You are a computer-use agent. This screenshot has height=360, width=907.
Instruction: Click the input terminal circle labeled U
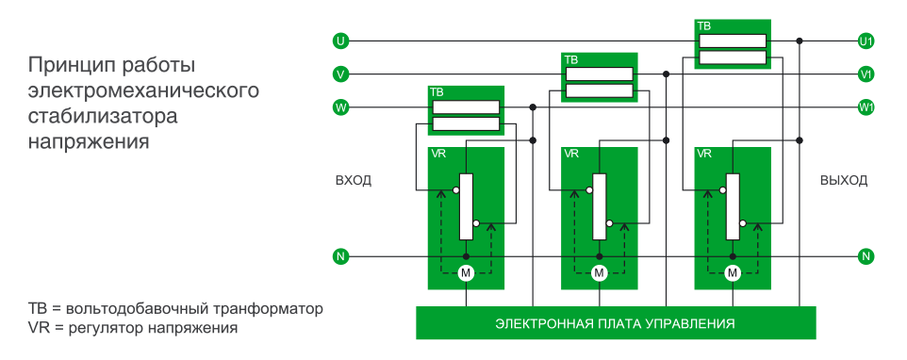click(340, 41)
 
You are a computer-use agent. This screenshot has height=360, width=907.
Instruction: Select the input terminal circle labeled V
click(340, 74)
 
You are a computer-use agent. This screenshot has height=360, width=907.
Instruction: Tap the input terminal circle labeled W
click(340, 107)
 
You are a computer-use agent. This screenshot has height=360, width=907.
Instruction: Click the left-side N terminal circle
click(340, 256)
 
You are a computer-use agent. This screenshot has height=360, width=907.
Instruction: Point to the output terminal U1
click(866, 41)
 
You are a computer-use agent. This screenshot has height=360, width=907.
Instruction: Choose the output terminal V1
click(866, 74)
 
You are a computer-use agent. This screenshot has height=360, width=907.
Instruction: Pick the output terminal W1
click(866, 107)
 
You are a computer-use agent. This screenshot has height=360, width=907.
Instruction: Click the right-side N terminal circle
click(866, 256)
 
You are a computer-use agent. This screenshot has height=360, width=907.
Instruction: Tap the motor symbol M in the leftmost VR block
click(465, 273)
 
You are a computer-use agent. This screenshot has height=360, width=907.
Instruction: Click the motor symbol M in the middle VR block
click(599, 273)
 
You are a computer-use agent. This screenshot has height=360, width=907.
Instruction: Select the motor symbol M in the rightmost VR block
click(733, 273)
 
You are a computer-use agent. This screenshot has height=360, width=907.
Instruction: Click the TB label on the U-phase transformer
click(704, 26)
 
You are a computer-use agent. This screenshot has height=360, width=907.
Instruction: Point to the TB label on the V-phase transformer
click(570, 59)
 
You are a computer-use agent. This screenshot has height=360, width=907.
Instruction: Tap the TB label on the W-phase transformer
click(437, 92)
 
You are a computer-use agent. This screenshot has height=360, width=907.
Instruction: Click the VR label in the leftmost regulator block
click(437, 154)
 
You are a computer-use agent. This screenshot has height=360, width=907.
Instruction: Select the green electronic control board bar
click(615, 323)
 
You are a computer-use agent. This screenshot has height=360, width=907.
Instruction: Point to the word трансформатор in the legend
click(270, 309)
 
